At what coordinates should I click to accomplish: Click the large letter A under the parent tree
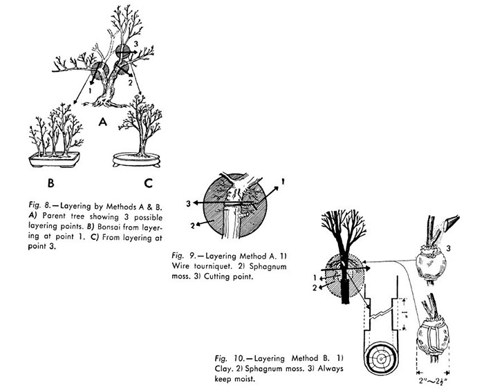[x=103, y=122]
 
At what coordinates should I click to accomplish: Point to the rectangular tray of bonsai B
[x=54, y=160]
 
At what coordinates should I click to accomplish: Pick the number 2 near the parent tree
[x=130, y=83]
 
